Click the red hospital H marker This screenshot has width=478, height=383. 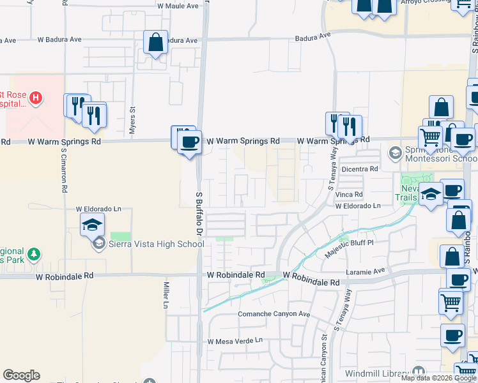pyautogui.click(x=36, y=98)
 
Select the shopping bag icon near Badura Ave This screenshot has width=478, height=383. pyautogui.click(x=155, y=43)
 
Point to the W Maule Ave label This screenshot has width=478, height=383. pyautogui.click(x=182, y=5)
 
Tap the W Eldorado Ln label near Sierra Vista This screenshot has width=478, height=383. pyautogui.click(x=98, y=209)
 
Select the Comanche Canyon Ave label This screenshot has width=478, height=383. pyautogui.click(x=274, y=315)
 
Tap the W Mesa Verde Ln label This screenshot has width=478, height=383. pyautogui.click(x=235, y=341)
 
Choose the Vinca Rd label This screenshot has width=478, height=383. pyautogui.click(x=351, y=194)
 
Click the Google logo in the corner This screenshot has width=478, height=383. pyautogui.click(x=21, y=375)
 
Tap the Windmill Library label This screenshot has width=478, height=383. pyautogui.click(x=376, y=373)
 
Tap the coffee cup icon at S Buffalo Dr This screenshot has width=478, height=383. pyautogui.click(x=189, y=142)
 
